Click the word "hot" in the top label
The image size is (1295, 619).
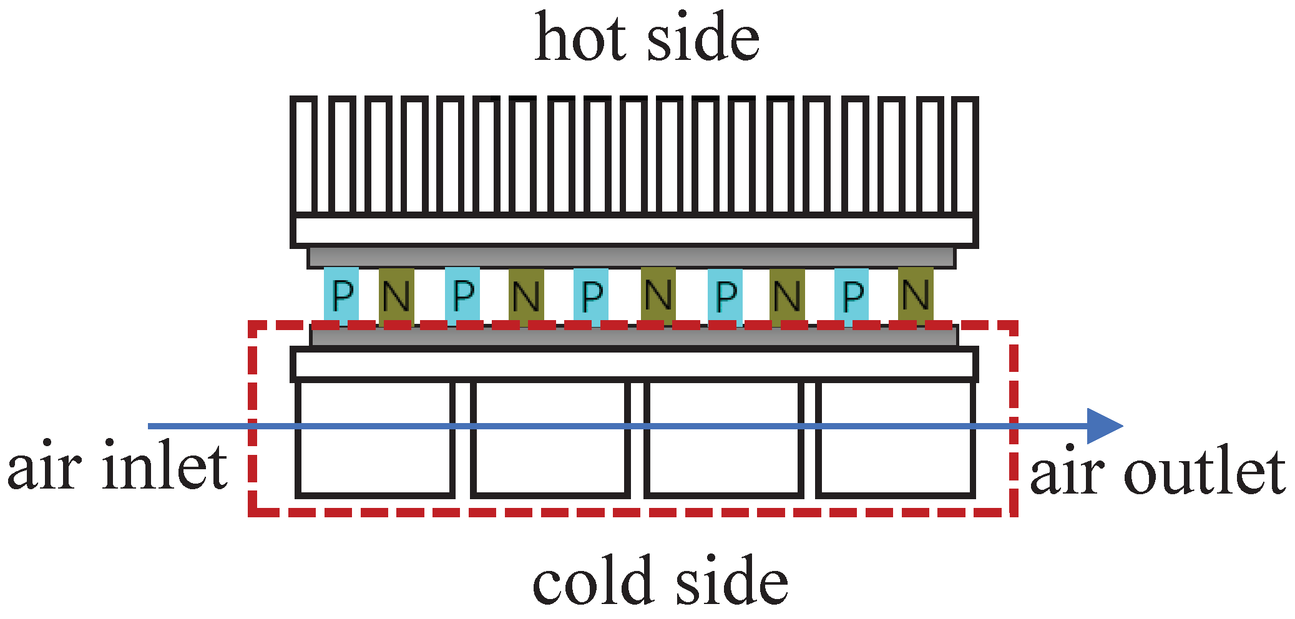[580, 39]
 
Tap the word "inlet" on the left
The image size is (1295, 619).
[165, 467]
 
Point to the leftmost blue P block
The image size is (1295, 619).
[341, 295]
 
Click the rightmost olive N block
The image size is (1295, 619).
[916, 295]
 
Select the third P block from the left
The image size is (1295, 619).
[591, 295]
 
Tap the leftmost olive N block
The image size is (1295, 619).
[396, 295]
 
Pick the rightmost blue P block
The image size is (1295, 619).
[852, 295]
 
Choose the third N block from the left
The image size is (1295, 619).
[658, 295]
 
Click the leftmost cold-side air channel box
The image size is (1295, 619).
[374, 439]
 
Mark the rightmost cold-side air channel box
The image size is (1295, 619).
[896, 439]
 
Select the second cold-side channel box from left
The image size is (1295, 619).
[550, 439]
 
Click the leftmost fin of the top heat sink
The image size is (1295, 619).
[303, 156]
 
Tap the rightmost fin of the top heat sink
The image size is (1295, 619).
[966, 156]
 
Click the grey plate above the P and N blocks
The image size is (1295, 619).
[630, 257]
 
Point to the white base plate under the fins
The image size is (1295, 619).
[633, 231]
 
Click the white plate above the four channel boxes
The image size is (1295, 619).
[633, 364]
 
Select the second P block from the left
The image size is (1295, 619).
[462, 295]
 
